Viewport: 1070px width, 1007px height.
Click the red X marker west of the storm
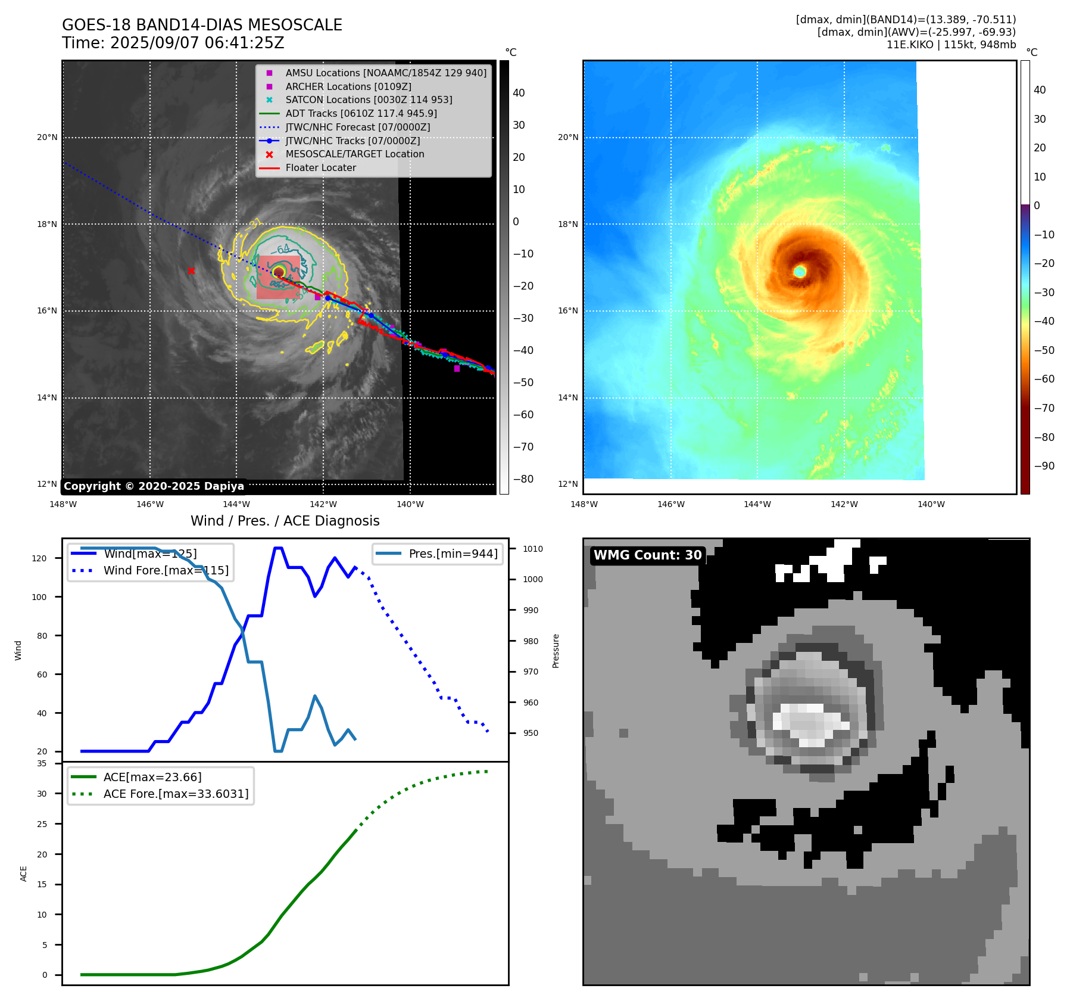point(191,271)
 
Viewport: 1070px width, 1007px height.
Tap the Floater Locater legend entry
point(320,168)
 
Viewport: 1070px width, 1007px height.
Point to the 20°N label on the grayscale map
point(48,138)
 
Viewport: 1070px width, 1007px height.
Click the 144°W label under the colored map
point(757,505)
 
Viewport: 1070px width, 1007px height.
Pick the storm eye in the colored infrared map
point(800,272)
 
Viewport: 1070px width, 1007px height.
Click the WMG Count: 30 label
point(648,555)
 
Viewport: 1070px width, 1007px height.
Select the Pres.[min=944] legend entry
point(453,554)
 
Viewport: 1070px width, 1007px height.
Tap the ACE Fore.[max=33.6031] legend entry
point(176,794)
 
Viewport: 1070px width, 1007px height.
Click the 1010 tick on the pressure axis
point(533,549)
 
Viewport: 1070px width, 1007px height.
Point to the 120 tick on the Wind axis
point(39,559)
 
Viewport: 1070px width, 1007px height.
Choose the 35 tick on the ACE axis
point(42,764)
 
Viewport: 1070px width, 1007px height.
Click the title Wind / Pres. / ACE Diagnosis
point(285,521)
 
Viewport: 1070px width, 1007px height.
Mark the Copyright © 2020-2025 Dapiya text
point(154,486)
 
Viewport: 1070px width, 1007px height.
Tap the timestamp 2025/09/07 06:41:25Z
point(197,43)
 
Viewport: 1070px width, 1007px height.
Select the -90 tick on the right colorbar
point(1044,466)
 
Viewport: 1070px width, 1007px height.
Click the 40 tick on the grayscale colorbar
point(519,93)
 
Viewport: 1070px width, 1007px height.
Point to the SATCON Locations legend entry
point(369,100)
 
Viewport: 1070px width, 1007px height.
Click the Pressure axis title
point(556,651)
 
